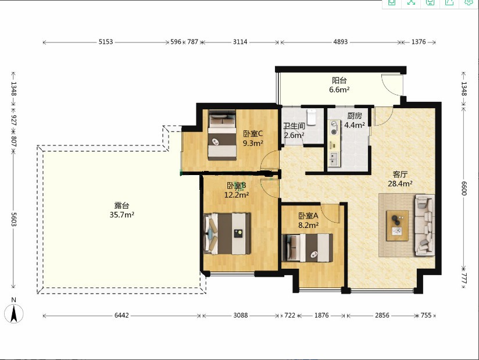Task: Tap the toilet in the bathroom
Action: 311,117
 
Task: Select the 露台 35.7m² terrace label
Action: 122,210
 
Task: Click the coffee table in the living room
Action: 397,226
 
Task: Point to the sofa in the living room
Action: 424,225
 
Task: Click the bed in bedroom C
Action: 222,135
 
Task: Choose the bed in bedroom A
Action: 308,248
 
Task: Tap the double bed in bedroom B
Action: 227,234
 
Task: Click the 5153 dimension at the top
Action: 106,42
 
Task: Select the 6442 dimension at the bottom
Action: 121,315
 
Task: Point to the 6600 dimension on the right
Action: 464,188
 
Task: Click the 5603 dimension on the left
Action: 13,219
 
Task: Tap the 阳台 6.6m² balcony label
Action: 339,85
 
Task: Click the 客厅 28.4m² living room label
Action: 400,179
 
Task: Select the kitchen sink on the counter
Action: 333,159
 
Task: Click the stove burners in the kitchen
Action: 334,128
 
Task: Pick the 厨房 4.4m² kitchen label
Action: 355,120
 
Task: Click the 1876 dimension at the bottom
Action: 321,315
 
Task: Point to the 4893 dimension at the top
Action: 341,42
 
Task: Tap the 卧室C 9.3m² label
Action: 253,138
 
